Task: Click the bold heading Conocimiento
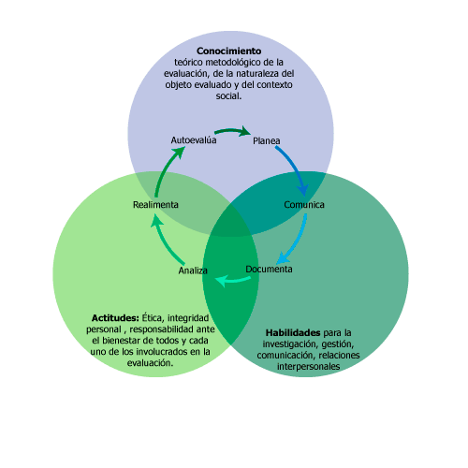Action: tap(229, 51)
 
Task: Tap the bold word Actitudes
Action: tap(115, 318)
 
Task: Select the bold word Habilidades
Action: tap(293, 333)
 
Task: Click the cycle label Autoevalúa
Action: tap(194, 140)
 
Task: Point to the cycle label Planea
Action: tap(266, 140)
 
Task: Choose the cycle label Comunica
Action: tap(304, 205)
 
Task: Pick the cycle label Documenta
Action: tap(269, 269)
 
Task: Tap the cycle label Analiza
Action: tap(193, 271)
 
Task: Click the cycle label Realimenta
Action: tap(155, 205)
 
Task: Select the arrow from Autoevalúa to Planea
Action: tap(232, 130)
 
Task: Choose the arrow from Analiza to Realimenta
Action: tap(165, 241)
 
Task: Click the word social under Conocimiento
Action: tap(228, 95)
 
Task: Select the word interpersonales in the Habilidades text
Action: tap(308, 366)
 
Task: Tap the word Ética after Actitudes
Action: tap(152, 318)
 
